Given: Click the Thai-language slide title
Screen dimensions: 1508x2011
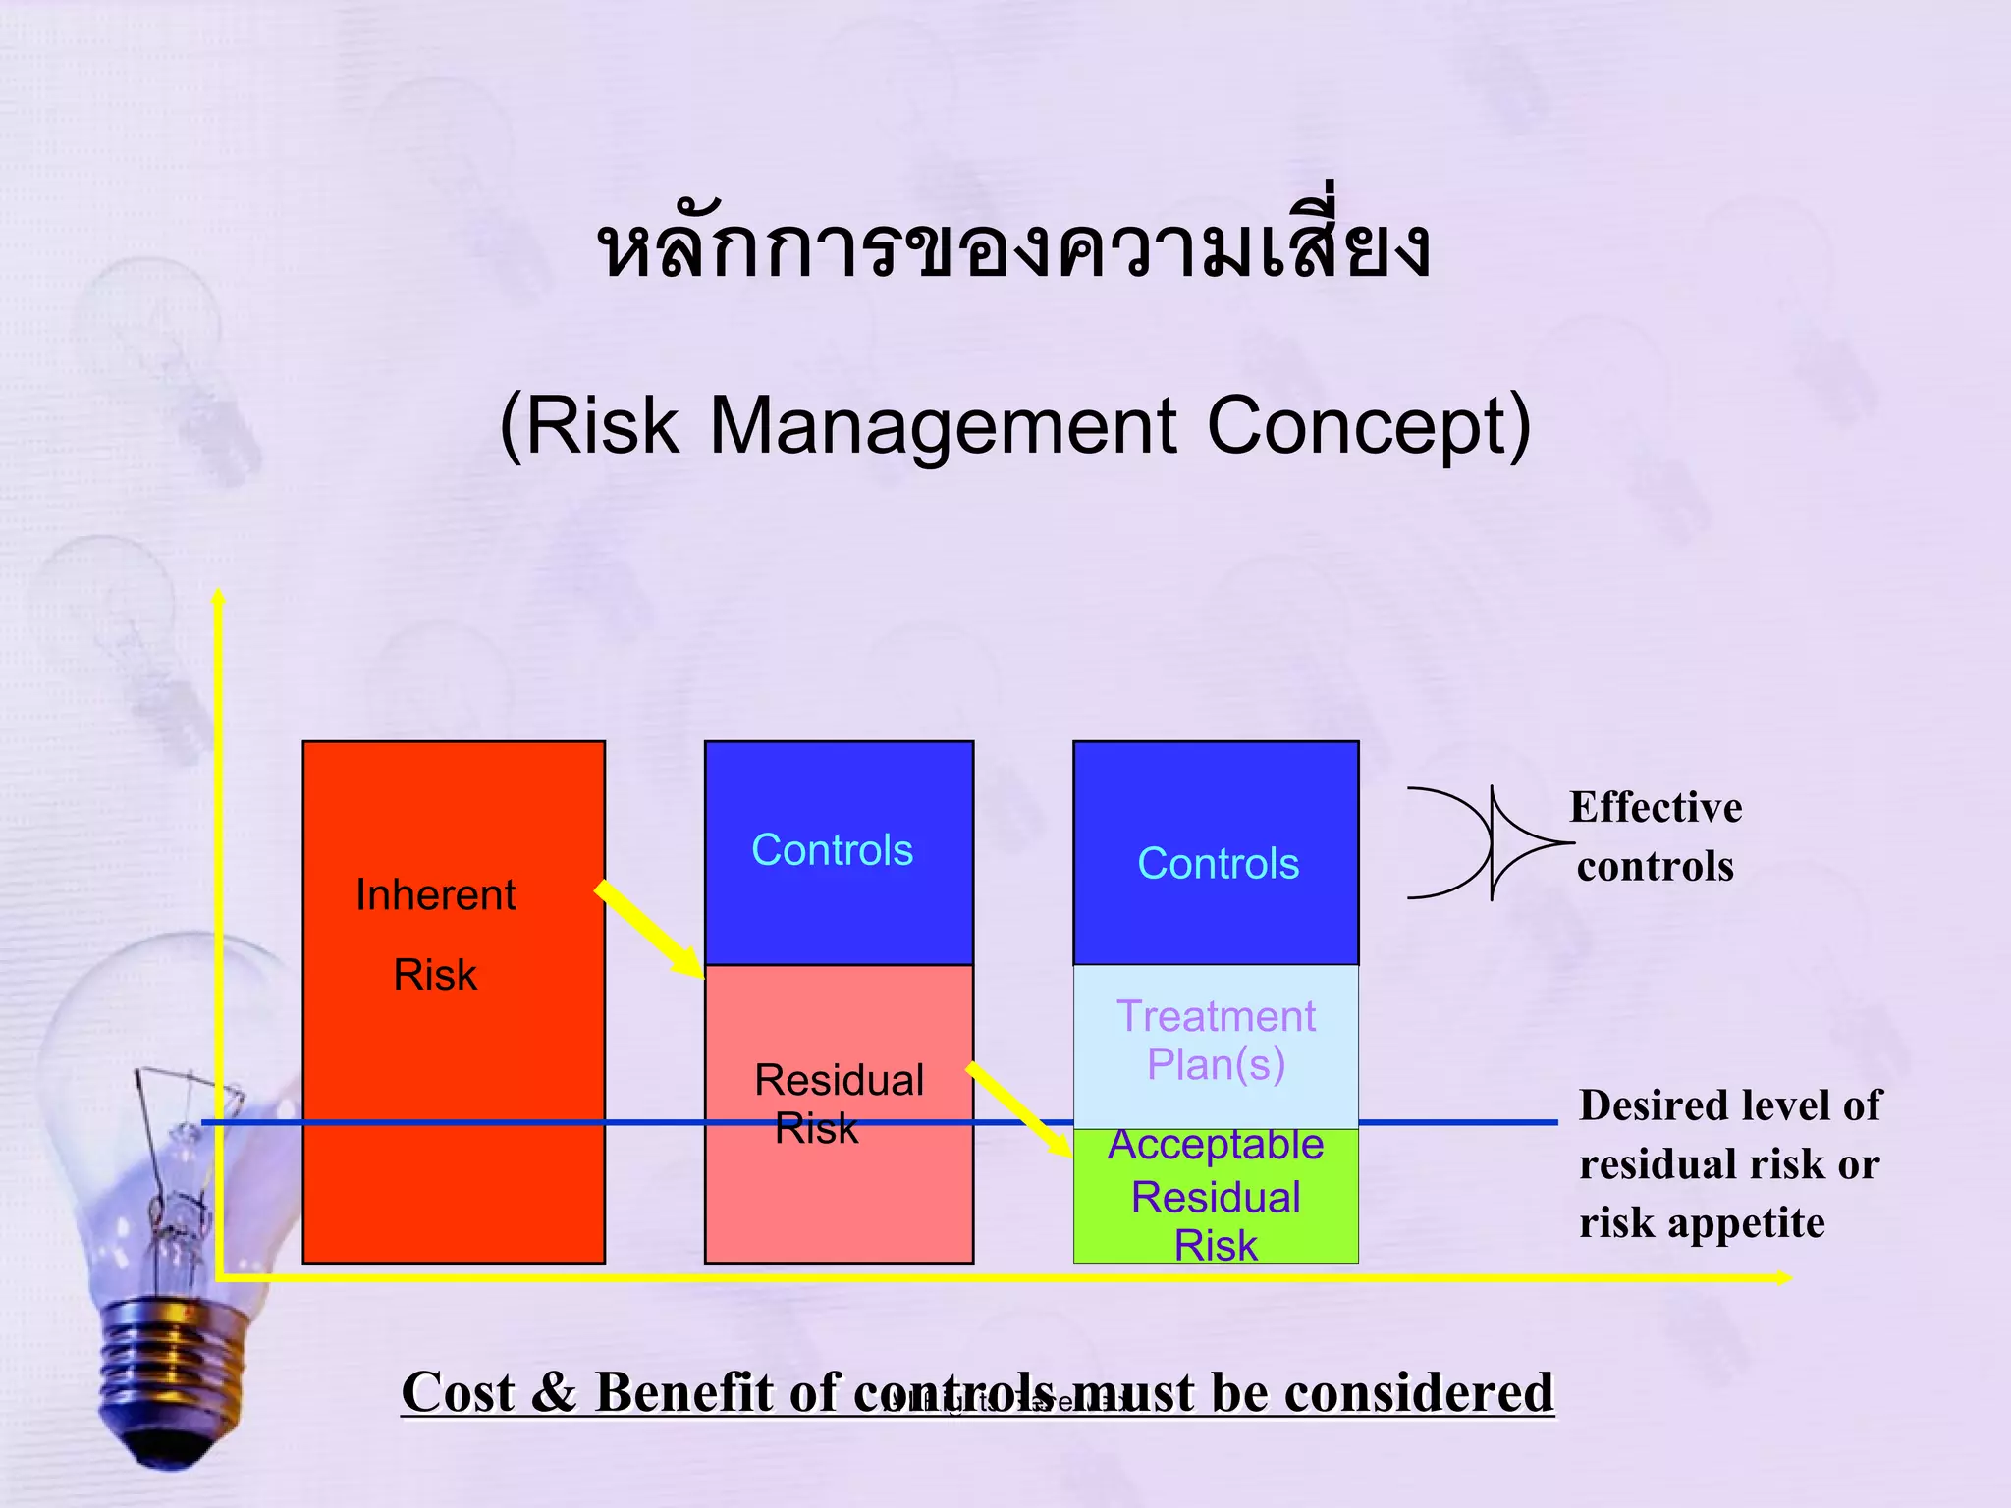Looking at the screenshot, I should coord(1013,247).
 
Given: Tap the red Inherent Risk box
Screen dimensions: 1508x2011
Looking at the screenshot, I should coord(454,1080).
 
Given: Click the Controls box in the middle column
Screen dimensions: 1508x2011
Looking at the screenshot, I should coord(839,852).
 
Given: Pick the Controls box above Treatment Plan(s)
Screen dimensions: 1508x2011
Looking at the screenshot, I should coord(1216,852).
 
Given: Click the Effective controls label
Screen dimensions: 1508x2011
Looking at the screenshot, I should coord(1656,836).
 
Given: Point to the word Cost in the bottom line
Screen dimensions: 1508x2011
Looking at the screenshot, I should coord(458,1392).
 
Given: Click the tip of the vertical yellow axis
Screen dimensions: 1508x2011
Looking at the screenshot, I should coord(219,596).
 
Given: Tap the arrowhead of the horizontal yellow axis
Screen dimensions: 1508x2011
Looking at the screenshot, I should coord(1783,1277).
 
